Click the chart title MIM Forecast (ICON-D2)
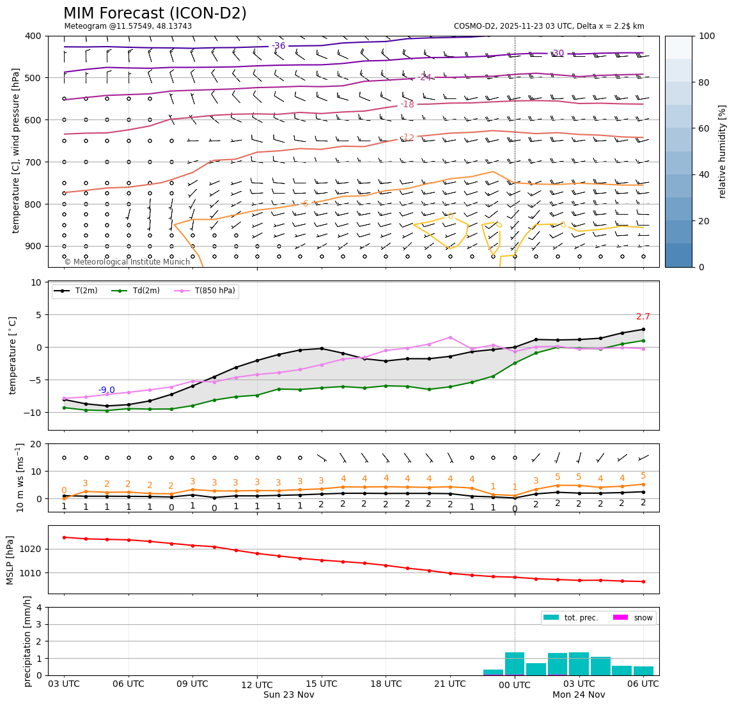point(155,13)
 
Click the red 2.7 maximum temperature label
point(643,316)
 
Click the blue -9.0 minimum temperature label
point(106,390)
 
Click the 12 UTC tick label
point(256,684)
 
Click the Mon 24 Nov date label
point(579,694)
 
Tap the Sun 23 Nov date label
point(288,694)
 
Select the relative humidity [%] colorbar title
point(722,151)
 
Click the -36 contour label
point(279,46)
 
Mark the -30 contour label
point(558,53)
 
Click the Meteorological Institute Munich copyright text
point(127,262)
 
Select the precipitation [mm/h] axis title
point(27,641)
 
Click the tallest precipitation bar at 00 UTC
point(515,663)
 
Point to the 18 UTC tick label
point(386,684)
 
